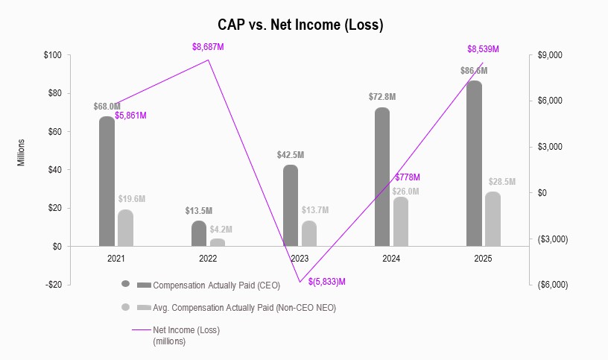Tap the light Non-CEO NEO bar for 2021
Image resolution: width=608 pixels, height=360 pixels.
[125, 227]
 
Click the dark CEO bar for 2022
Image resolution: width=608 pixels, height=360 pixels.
[199, 233]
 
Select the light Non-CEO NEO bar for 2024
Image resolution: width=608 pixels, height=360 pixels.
[401, 221]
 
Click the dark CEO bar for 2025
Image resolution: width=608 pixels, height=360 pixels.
[474, 163]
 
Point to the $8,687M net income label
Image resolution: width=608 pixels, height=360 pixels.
[208, 47]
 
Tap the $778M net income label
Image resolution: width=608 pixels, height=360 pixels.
[408, 177]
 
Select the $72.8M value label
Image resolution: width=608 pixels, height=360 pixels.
[382, 97]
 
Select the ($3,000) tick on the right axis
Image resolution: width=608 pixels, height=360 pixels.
[552, 239]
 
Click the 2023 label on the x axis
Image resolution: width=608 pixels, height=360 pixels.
[300, 259]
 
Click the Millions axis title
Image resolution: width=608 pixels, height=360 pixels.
[22, 151]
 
